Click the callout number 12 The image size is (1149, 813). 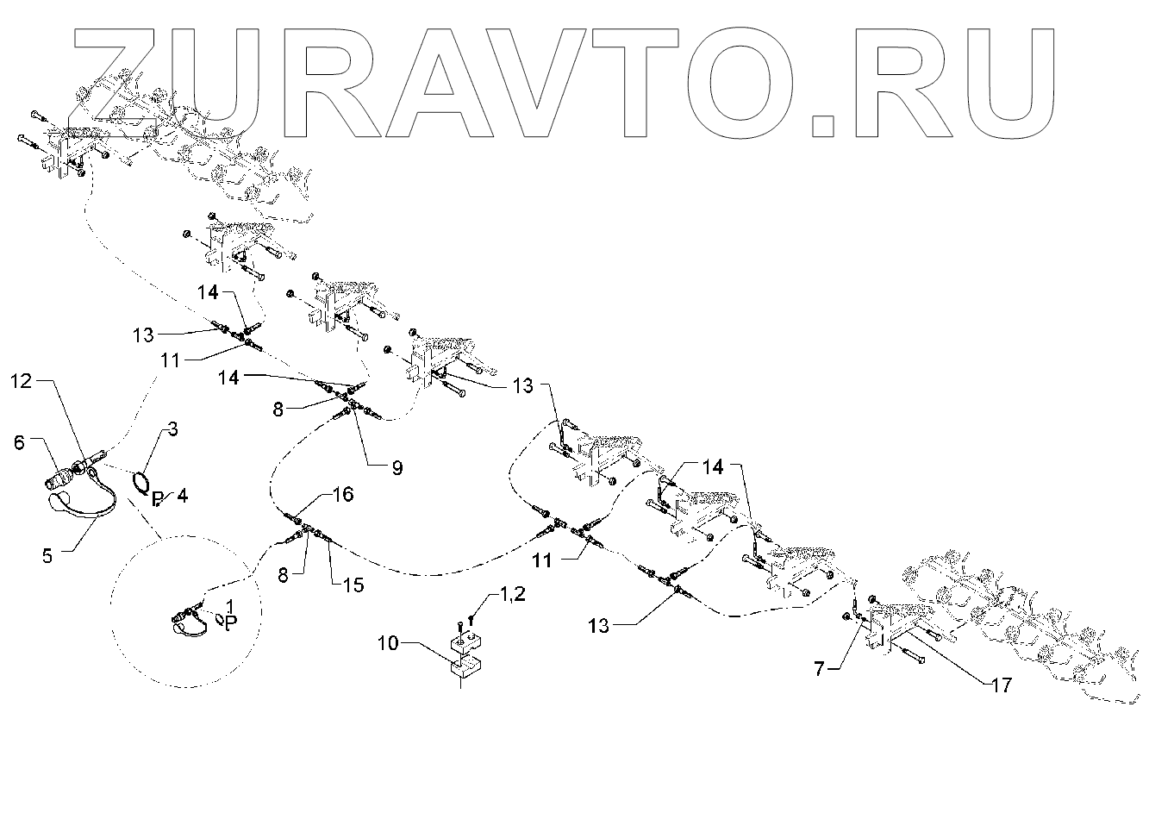tap(22, 381)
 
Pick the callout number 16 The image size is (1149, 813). tap(343, 494)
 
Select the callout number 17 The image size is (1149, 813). tap(999, 685)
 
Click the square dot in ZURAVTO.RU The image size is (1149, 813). tap(824, 126)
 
